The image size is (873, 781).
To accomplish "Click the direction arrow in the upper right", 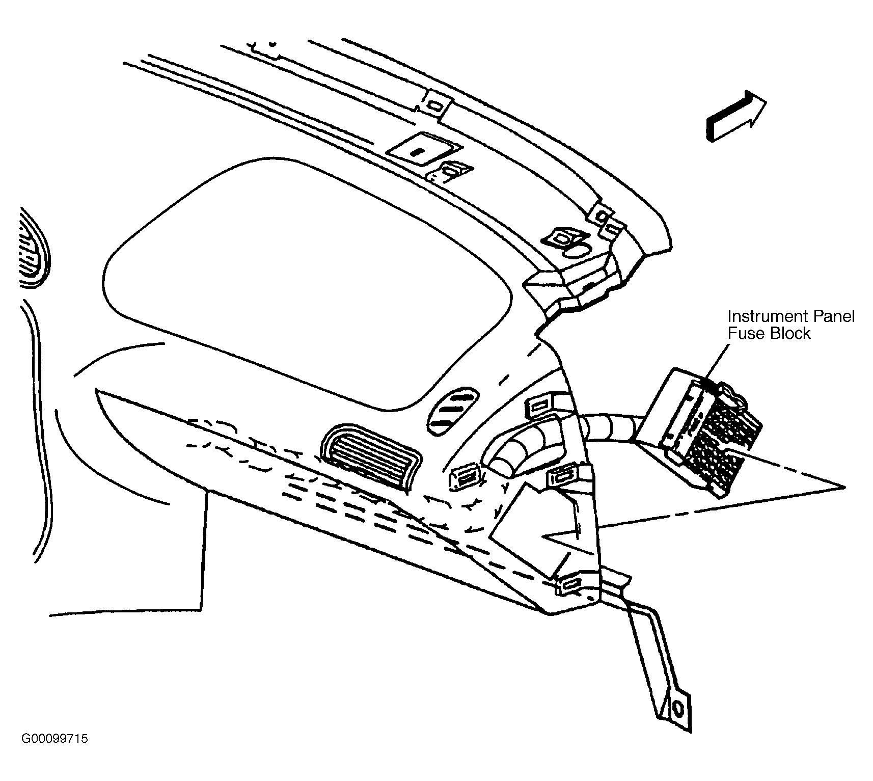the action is coord(735,117).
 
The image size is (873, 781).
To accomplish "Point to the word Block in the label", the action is coord(788,334).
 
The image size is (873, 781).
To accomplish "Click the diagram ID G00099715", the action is coord(54,738).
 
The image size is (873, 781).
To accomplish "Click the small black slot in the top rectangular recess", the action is coord(417,152).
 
